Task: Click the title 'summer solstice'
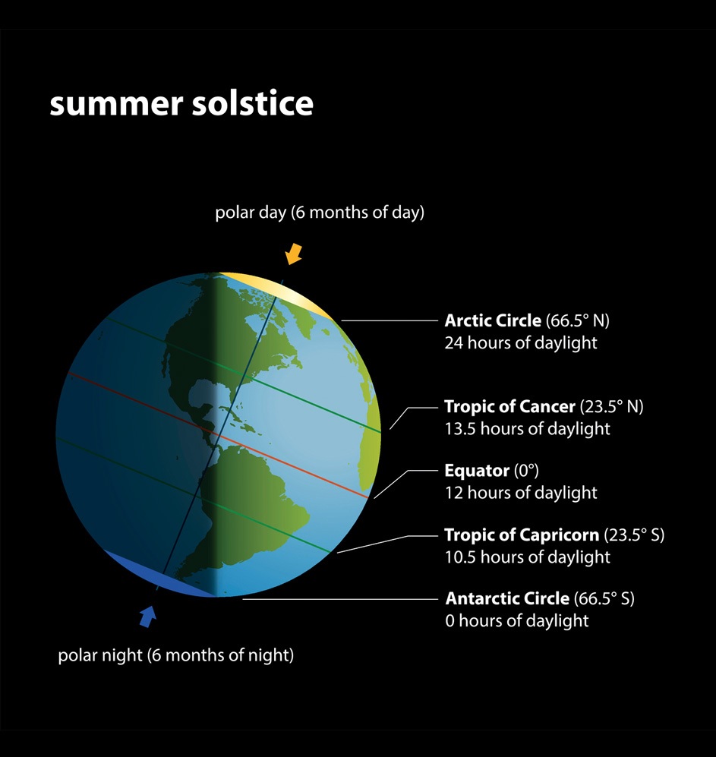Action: point(181,103)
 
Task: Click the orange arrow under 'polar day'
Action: point(294,253)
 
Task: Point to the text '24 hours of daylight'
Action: point(520,342)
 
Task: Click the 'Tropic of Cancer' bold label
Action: point(509,406)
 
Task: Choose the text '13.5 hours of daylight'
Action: point(527,428)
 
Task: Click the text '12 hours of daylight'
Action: point(520,493)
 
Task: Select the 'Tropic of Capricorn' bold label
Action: point(522,535)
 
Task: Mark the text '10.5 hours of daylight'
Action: point(527,557)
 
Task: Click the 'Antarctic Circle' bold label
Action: point(507,598)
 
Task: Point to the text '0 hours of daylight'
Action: point(516,620)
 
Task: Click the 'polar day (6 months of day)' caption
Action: point(319,213)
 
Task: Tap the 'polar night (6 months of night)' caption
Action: point(175,654)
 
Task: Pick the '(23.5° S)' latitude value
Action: point(634,535)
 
